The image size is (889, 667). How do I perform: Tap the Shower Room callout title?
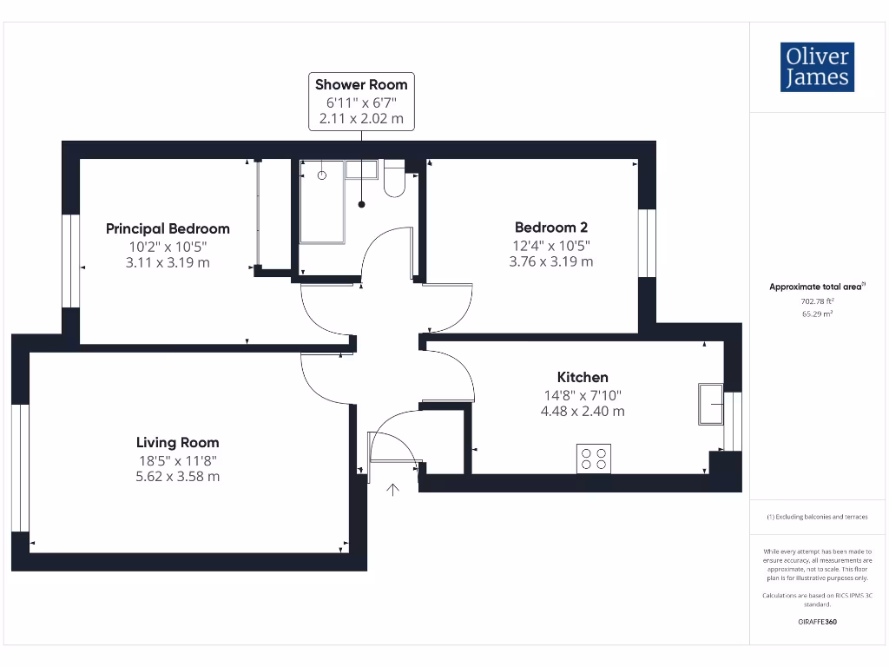pos(361,84)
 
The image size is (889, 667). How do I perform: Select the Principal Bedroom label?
pos(168,228)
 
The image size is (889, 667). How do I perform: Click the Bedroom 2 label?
pos(550,227)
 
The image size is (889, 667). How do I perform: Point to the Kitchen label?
pos(582,377)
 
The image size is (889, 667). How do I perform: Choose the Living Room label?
pos(177,442)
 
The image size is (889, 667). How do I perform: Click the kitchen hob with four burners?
pos(593,459)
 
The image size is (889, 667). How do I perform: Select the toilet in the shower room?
pos(394,179)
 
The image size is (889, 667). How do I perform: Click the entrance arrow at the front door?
pos(392,491)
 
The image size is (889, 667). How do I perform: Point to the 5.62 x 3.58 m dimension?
pos(177,476)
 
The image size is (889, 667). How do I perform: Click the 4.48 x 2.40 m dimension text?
pos(582,411)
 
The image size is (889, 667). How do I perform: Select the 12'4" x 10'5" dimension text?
pos(550,244)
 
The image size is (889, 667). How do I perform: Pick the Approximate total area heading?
pos(815,287)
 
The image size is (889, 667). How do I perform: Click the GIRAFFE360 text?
pos(816,622)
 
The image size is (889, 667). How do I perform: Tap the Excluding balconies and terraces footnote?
pos(816,517)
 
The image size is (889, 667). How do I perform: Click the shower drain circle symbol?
pos(322,175)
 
